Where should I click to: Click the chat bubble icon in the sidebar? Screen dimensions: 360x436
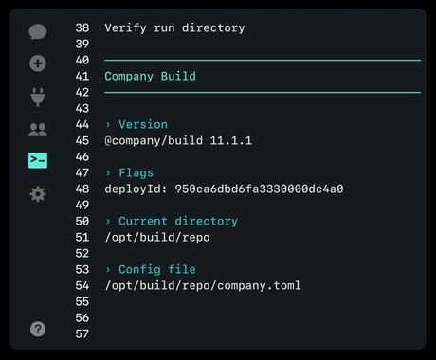click(38, 31)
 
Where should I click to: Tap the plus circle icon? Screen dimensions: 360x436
click(38, 64)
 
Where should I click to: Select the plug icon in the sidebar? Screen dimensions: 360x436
click(38, 97)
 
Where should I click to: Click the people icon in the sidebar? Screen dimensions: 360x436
click(38, 130)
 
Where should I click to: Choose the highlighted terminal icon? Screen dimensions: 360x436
click(38, 161)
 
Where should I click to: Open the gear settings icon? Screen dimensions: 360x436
click(38, 193)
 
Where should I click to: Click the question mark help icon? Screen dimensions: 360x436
click(38, 329)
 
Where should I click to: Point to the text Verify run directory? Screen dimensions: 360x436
click(174, 27)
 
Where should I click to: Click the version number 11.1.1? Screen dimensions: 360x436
click(231, 140)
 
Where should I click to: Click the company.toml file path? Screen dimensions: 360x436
click(202, 285)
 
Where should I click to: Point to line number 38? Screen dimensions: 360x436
click(82, 27)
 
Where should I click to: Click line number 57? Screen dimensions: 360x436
click(82, 333)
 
